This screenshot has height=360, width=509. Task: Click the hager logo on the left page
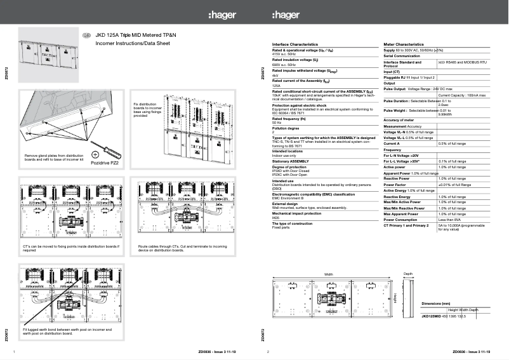click(221, 15)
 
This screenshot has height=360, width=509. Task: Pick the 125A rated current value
click(276, 85)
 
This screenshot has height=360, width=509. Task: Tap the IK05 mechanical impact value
click(275, 218)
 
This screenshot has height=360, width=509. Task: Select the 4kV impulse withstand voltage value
click(275, 76)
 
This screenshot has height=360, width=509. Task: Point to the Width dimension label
click(328, 274)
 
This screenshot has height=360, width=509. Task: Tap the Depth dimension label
click(408, 274)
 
